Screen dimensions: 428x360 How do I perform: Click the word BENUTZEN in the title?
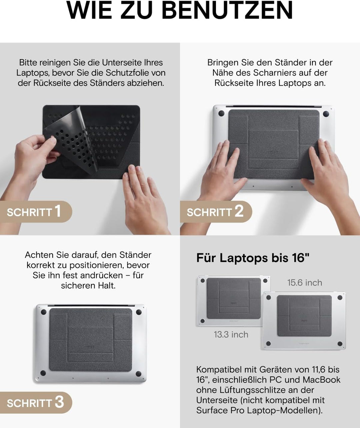[227, 11]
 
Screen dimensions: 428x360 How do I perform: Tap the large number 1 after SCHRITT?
[58, 211]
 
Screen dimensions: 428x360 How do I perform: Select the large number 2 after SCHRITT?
[239, 211]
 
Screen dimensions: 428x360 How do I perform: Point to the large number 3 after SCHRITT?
[59, 402]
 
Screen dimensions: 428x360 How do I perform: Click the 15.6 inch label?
[305, 283]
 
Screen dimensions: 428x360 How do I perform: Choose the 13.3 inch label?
[231, 335]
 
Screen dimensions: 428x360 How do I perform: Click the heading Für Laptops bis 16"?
[253, 258]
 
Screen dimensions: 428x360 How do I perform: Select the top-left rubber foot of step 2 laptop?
[221, 113]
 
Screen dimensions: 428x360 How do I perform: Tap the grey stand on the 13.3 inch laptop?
[233, 298]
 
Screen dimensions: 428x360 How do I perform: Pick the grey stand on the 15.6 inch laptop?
[304, 315]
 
